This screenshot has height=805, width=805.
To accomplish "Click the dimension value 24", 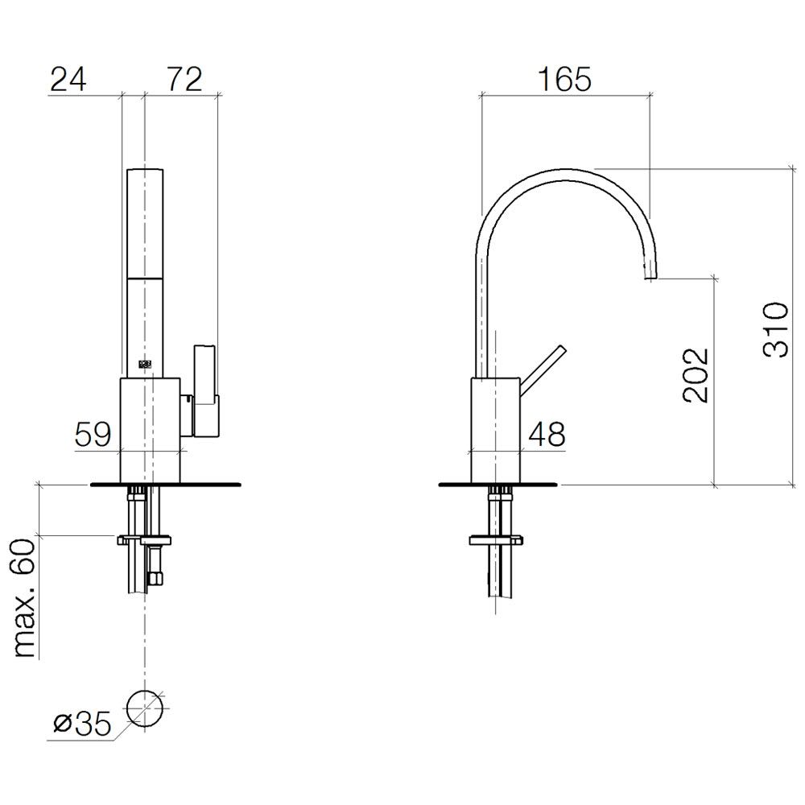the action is click(68, 80).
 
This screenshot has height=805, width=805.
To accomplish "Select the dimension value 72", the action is click(184, 80).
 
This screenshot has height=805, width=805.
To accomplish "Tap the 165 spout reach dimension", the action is click(564, 80).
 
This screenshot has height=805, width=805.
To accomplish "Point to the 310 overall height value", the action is click(775, 329).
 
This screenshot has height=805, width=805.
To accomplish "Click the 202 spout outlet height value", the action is click(696, 375).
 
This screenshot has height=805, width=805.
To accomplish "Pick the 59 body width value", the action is click(93, 435).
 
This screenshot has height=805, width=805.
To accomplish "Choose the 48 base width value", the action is click(547, 435).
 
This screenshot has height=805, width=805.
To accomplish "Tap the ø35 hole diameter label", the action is click(82, 724).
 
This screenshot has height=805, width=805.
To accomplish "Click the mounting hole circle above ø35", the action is click(145, 691).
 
